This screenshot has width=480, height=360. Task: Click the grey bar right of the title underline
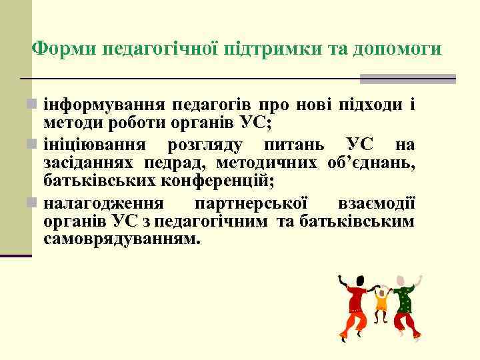[x=407, y=79]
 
